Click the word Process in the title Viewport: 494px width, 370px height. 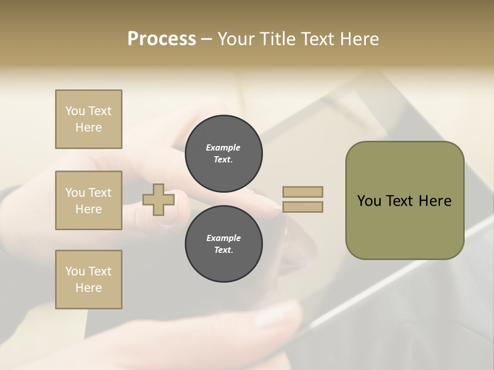162,39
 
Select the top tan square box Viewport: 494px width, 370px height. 89,119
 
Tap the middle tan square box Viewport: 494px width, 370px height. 89,200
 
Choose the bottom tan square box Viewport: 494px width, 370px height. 89,280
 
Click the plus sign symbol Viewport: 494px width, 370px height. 158,199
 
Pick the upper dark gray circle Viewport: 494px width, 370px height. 224,154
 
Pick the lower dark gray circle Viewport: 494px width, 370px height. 224,244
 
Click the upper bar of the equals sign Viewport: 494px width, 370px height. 303,192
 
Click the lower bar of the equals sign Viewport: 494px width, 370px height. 303,207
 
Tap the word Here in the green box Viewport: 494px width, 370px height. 435,201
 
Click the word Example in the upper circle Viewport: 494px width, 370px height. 223,147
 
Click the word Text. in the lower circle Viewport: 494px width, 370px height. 223,250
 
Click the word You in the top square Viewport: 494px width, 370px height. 75,111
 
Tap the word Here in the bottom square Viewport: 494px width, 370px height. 89,288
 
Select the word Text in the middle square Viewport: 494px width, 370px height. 99,193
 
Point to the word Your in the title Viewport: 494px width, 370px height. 236,39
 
